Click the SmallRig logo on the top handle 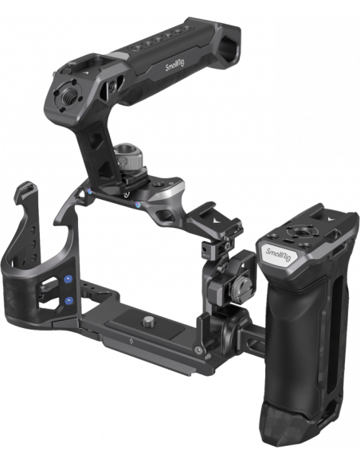[175, 65]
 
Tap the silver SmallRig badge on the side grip [279, 254]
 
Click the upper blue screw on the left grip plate [68, 279]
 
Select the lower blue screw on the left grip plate [68, 301]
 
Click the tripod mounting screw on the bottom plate [147, 322]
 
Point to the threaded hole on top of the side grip [296, 230]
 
